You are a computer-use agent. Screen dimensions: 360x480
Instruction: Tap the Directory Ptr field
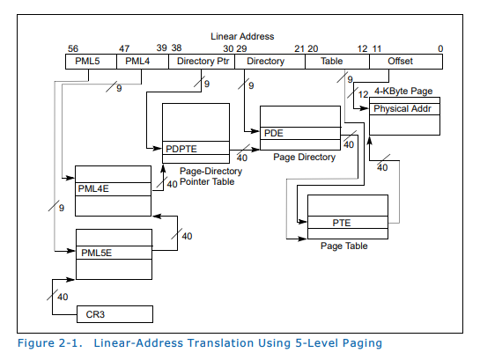pyautogui.click(x=203, y=62)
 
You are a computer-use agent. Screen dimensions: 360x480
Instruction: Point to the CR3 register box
pyautogui.click(x=114, y=313)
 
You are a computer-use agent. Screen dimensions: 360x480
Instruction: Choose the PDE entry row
pyautogui.click(x=299, y=133)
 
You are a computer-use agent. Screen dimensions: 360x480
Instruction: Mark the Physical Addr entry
pyautogui.click(x=403, y=108)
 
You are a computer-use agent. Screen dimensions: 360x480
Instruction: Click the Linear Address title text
pyautogui.click(x=242, y=36)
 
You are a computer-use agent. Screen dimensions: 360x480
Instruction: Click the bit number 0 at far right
pyautogui.click(x=439, y=48)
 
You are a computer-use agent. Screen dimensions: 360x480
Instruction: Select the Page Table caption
pyautogui.click(x=344, y=246)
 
